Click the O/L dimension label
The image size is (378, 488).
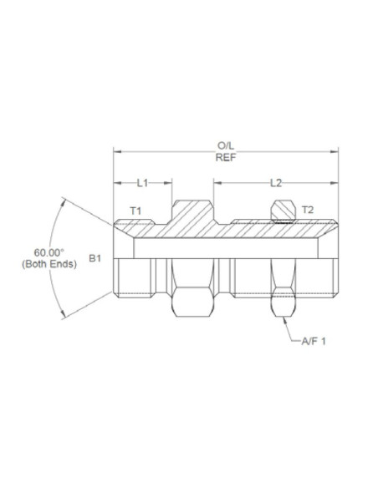coord(226,145)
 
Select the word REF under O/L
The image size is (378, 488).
coord(226,157)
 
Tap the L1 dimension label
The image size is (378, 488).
coord(142,181)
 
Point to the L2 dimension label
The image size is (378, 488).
coord(276,181)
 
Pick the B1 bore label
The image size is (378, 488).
coord(95,259)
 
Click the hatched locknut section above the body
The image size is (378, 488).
coord(283,212)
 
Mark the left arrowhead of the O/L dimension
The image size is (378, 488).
coord(116,151)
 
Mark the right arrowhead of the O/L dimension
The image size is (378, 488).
coord(335,151)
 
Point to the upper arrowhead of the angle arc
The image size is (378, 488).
coord(65,201)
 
